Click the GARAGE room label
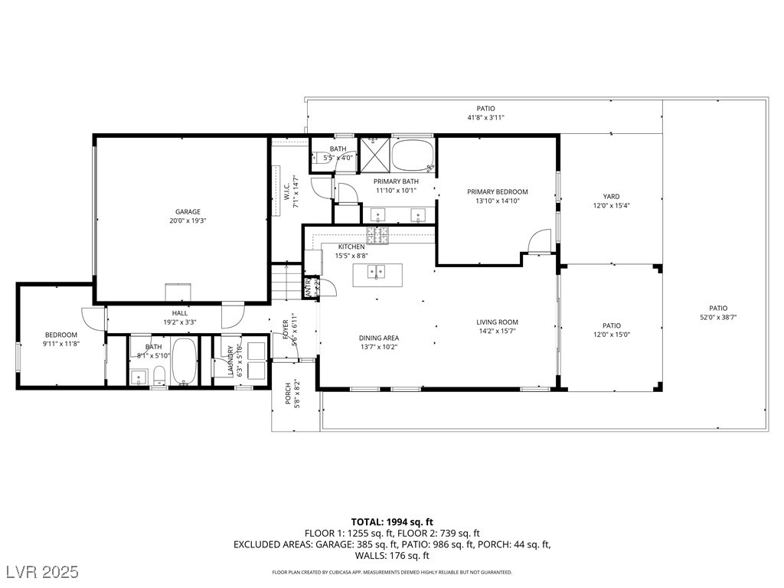188,211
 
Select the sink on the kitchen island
377,271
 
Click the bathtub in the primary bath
413,156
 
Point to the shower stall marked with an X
375,155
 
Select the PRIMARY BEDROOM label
498,192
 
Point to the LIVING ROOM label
498,322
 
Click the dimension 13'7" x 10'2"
379,347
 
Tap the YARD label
611,197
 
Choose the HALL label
180,313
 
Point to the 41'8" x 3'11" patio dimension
486,117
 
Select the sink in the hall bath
139,376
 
